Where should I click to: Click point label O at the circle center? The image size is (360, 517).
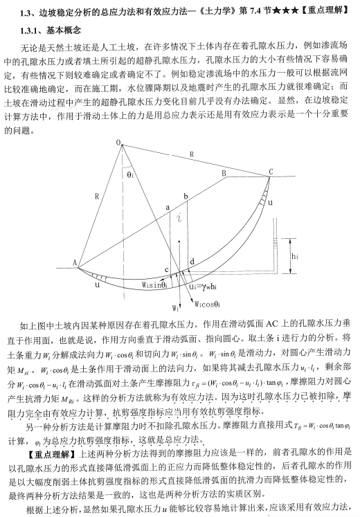[119, 143]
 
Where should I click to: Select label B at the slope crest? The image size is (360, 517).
[224, 173]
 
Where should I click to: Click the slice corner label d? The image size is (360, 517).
[190, 260]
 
